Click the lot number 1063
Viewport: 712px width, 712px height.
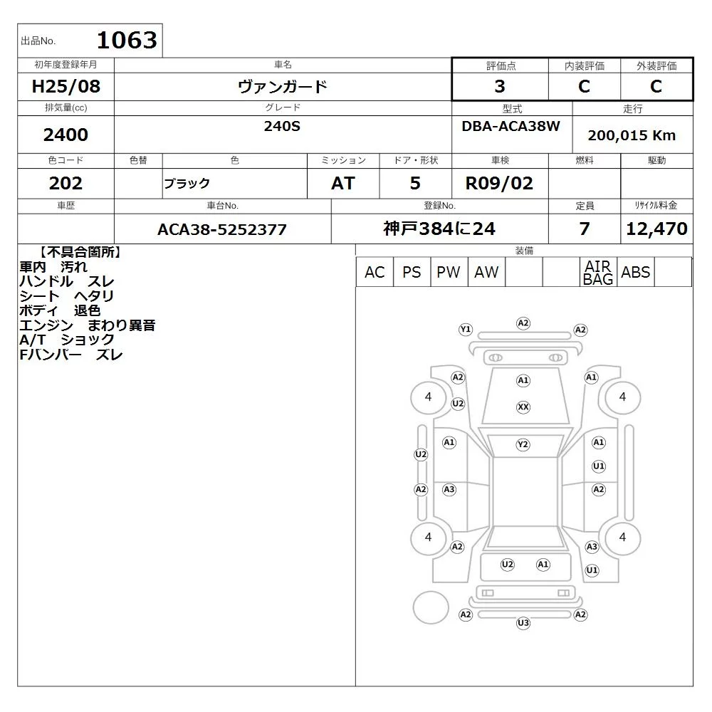[x=127, y=40]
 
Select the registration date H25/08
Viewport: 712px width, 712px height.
[x=66, y=86]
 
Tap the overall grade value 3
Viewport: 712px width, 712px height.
[x=500, y=86]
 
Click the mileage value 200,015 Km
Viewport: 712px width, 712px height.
[x=632, y=135]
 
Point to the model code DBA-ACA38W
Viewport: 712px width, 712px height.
[x=511, y=126]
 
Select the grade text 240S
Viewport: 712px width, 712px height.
[x=282, y=126]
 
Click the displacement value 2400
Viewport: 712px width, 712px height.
[x=66, y=135]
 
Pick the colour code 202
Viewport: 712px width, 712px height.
[x=66, y=183]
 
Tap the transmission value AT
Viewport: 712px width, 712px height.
[x=343, y=183]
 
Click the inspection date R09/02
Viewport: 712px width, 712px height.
[x=499, y=183]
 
